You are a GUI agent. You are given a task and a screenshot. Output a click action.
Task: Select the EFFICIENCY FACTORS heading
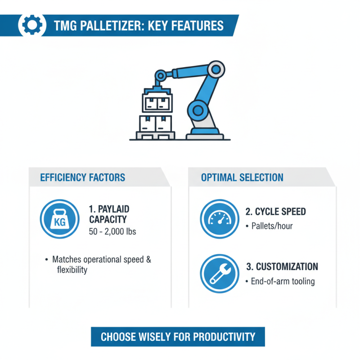click(x=82, y=177)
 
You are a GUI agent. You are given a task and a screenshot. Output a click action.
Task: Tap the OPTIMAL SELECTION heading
click(x=242, y=177)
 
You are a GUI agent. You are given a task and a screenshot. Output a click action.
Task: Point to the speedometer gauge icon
click(x=219, y=219)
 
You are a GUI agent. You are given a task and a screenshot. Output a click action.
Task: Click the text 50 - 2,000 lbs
click(x=113, y=233)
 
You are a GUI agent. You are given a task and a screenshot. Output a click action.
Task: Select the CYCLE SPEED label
click(x=276, y=212)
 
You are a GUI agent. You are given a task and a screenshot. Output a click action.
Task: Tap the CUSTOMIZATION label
click(x=282, y=266)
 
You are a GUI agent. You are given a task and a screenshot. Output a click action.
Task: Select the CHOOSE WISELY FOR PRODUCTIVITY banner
click(x=178, y=337)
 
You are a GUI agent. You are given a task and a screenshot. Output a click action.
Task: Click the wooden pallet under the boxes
click(x=155, y=135)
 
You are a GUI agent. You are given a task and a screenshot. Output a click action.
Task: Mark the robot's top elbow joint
click(x=216, y=69)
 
